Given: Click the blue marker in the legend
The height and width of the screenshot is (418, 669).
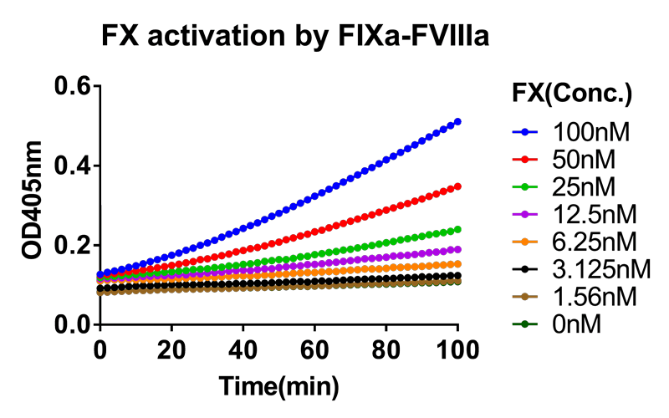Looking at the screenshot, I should click(524, 131).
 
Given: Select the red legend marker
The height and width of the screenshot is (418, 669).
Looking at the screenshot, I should click(524, 159).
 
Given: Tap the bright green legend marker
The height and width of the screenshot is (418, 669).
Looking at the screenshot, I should click(524, 186).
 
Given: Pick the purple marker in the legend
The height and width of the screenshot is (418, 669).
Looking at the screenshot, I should click(524, 214).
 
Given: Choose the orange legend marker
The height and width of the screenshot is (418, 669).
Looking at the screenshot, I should click(524, 242).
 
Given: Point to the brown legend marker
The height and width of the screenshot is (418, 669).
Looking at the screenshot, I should click(524, 297).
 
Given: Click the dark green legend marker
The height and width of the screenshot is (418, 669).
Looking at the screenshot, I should click(524, 324).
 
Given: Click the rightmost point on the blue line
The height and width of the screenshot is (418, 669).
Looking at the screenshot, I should click(457, 121).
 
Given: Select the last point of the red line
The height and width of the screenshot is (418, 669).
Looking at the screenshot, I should click(457, 186).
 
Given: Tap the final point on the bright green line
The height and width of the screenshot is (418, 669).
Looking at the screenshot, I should click(457, 229).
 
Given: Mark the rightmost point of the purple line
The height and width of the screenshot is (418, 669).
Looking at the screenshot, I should click(457, 249).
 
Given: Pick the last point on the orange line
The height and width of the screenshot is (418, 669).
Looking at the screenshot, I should click(457, 264).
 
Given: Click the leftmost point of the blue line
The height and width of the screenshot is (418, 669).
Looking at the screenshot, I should click(100, 274).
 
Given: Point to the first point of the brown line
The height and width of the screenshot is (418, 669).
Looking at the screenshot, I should click(100, 293).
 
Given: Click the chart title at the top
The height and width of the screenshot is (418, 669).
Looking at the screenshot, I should click(294, 36).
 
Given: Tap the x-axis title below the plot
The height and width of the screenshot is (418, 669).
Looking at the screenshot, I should click(279, 387).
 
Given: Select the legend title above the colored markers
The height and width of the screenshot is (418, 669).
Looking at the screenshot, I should click(572, 92).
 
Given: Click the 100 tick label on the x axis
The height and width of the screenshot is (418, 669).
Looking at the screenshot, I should click(457, 352).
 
